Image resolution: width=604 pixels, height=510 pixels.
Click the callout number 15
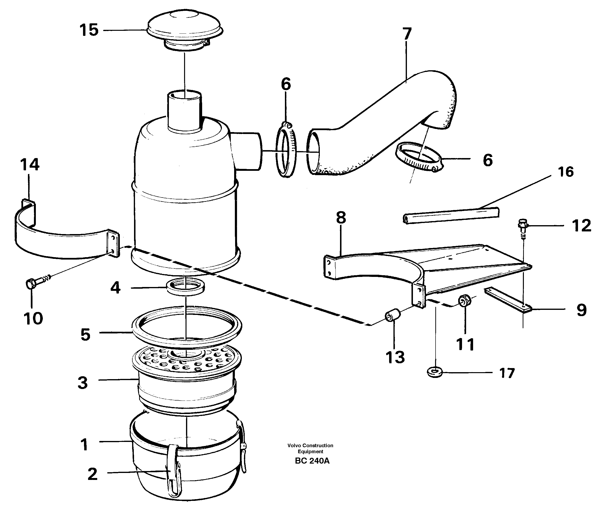pyautogui.click(x=89, y=30)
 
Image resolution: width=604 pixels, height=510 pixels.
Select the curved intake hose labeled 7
pyautogui.click(x=385, y=121)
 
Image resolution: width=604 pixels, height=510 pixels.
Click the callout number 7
pyautogui.click(x=407, y=34)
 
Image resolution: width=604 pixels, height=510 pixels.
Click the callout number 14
pyautogui.click(x=30, y=165)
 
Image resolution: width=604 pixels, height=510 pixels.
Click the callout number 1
pyautogui.click(x=84, y=444)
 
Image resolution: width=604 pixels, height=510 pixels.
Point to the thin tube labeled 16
pyautogui.click(x=451, y=215)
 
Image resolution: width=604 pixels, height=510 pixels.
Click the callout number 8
pyautogui.click(x=341, y=218)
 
